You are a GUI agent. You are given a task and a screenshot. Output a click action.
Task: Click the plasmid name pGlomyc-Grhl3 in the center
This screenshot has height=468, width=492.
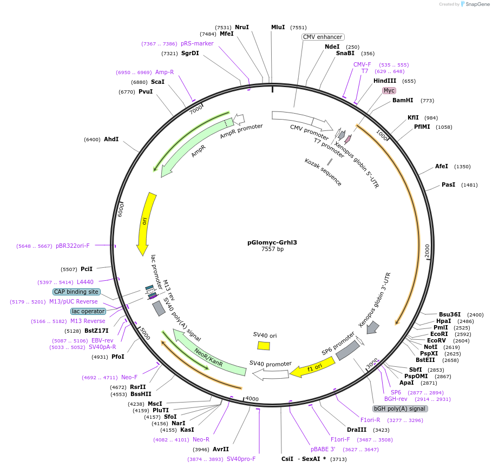272,242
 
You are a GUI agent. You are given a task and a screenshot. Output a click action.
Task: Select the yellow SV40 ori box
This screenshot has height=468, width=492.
264,345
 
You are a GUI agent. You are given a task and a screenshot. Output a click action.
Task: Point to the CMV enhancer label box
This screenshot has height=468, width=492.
323,37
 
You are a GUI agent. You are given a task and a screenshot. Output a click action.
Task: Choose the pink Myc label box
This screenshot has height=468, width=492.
389,90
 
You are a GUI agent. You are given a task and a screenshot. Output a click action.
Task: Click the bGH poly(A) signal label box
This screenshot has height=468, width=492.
400,408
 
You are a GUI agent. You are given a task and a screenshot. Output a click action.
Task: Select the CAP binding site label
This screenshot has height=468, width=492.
76,292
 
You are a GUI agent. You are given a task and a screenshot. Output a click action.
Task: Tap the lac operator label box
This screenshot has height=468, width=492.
88,311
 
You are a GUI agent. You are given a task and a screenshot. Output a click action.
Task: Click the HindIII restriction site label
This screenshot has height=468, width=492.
385,81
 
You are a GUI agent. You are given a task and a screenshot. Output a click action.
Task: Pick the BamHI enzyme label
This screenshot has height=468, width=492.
403,100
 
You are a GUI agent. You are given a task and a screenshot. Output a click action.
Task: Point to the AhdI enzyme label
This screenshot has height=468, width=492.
111,139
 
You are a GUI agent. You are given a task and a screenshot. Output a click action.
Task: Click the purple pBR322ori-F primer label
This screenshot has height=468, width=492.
73,246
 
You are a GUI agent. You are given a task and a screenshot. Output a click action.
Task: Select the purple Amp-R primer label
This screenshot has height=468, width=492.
165,72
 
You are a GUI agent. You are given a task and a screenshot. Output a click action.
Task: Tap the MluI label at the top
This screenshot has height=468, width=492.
278,27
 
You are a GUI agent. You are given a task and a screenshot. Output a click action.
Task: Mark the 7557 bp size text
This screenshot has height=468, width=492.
272,249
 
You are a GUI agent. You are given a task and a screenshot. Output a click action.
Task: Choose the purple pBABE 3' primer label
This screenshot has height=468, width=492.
323,449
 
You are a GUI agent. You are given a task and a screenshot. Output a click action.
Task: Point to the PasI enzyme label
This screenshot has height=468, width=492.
448,184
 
